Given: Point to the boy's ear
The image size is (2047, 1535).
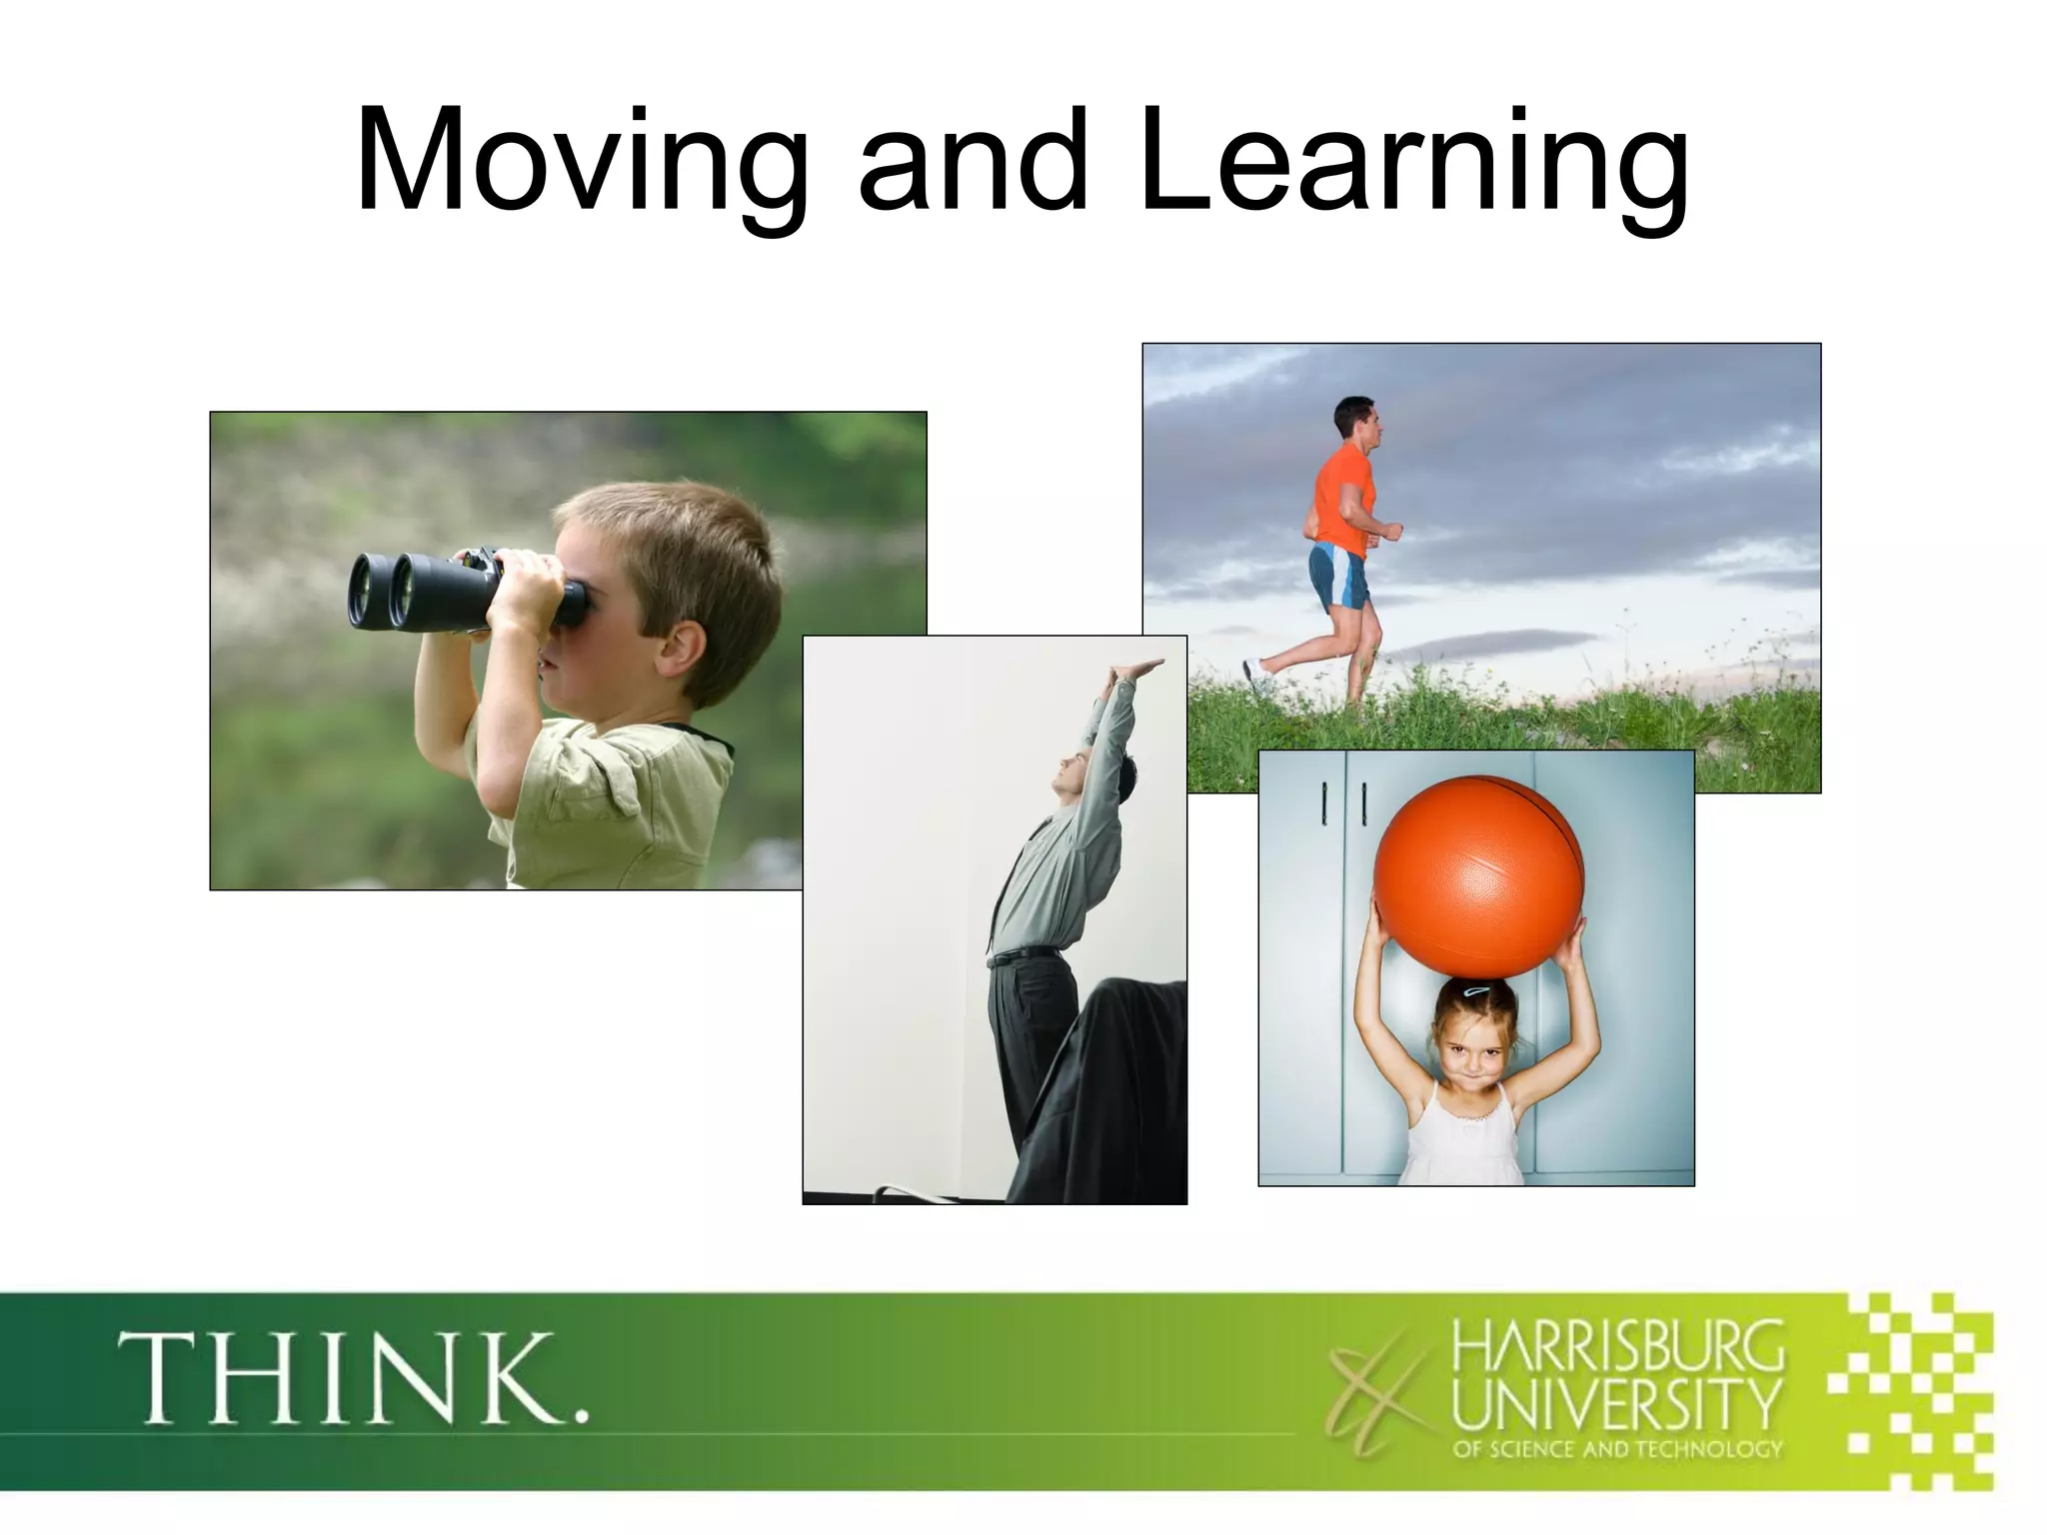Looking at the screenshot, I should click(x=685, y=650).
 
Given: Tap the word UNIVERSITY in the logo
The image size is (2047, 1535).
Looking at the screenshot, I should click(x=1617, y=1404).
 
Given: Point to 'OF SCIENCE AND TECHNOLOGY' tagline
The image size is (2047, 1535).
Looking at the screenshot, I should click(x=1617, y=1449).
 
